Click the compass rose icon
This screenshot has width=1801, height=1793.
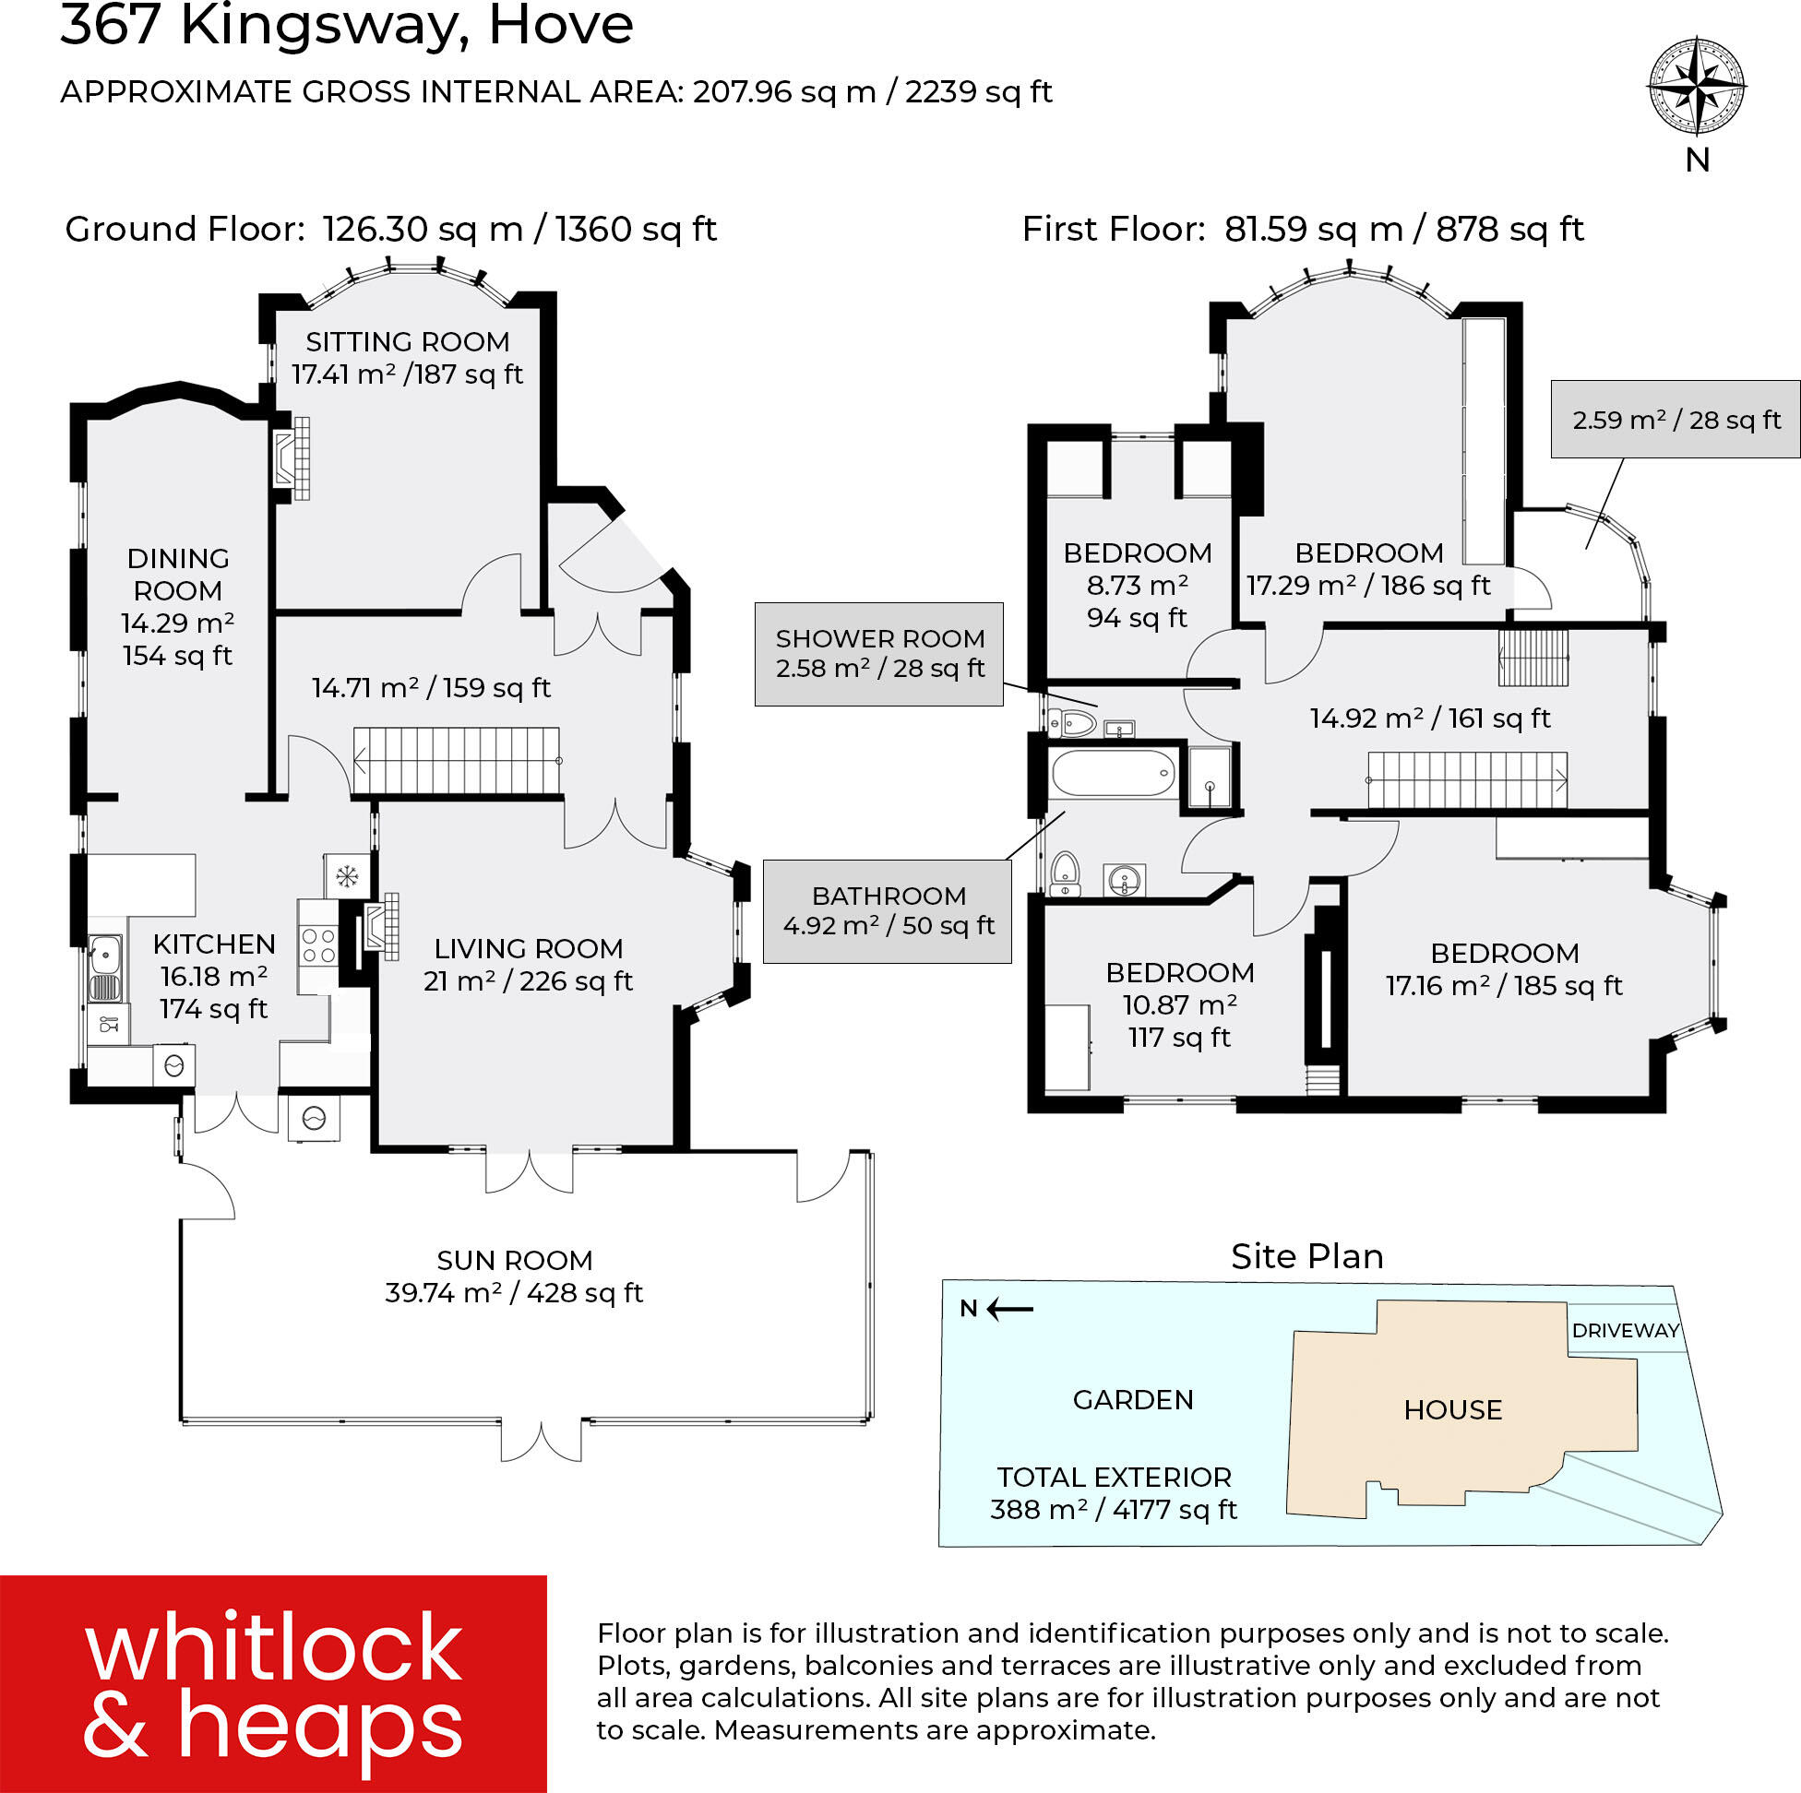(x=1697, y=87)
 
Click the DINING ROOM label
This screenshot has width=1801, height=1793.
(x=177, y=574)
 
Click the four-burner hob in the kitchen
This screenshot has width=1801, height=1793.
(x=318, y=946)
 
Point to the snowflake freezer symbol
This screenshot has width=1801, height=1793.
(x=347, y=876)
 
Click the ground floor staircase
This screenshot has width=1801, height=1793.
(x=457, y=760)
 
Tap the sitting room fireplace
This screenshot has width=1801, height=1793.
(x=291, y=457)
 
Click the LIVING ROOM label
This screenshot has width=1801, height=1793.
(x=528, y=949)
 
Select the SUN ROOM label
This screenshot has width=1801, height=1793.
(x=515, y=1260)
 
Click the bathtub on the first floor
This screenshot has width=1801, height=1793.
(x=1113, y=773)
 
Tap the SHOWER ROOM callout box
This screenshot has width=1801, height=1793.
(x=879, y=653)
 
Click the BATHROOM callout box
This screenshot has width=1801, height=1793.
(x=888, y=910)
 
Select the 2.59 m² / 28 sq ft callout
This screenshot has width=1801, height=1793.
(x=1676, y=420)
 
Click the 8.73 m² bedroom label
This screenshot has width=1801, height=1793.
(x=1138, y=585)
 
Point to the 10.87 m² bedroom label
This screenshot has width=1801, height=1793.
(x=1179, y=1004)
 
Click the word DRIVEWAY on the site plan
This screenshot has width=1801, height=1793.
(x=1625, y=1330)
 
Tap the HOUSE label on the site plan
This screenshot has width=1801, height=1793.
(x=1452, y=1410)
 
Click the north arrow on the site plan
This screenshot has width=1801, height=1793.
(x=1008, y=1309)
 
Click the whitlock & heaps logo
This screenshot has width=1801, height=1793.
(x=273, y=1683)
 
